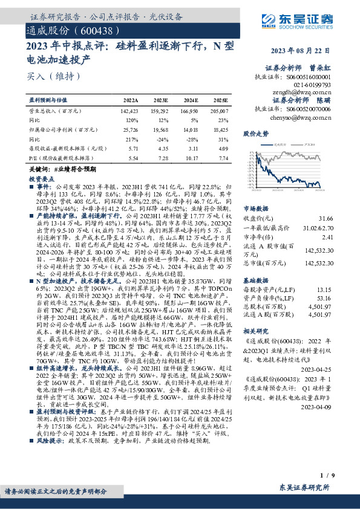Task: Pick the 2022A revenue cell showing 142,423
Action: pyautogui.click(x=129, y=111)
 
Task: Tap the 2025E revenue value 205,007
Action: pyautogui.click(x=220, y=111)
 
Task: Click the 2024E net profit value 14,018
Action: pyautogui.click(x=190, y=129)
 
